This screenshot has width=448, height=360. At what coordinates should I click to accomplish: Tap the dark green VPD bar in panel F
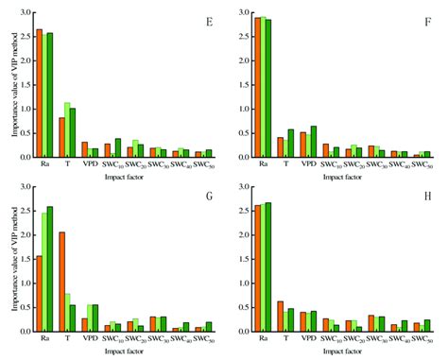click(314, 142)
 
